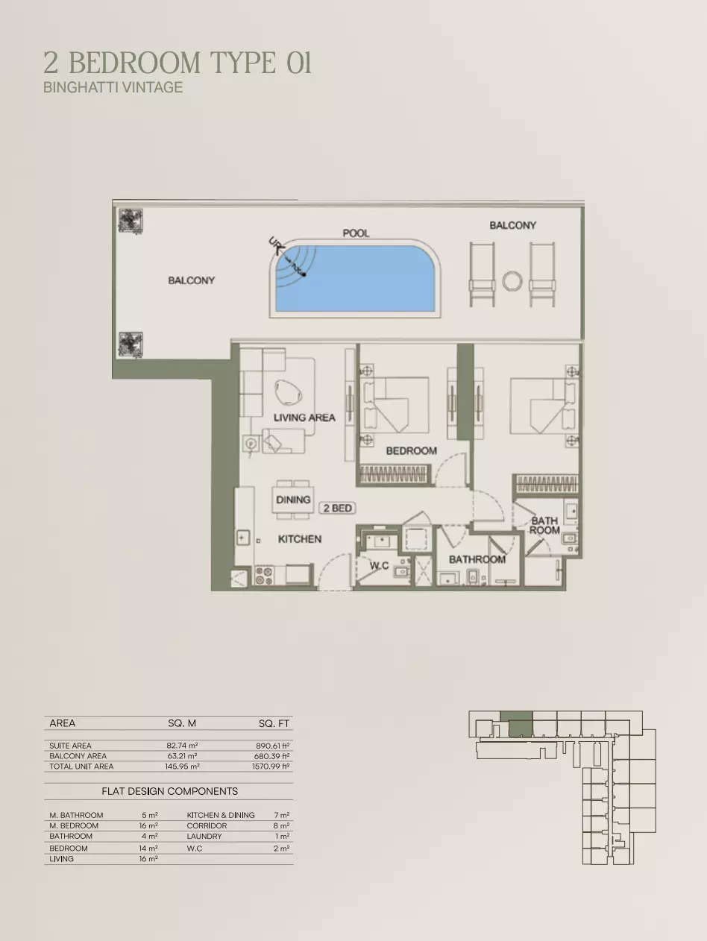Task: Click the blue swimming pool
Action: [x=355, y=279]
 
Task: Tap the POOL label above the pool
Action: [x=356, y=233]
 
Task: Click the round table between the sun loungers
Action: [x=512, y=282]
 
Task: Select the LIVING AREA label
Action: [x=304, y=418]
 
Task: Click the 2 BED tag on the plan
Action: [x=337, y=508]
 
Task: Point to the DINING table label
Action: [x=293, y=500]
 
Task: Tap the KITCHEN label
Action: [x=300, y=539]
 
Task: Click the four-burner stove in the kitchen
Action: [x=264, y=576]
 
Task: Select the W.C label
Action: [x=380, y=566]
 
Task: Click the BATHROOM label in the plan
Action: [x=477, y=559]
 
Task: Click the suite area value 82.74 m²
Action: [x=182, y=746]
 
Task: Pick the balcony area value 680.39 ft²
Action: [x=273, y=756]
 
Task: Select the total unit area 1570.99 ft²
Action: [x=271, y=766]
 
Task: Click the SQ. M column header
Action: [x=182, y=723]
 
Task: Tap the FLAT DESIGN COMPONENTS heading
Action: [x=170, y=791]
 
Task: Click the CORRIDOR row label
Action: [x=207, y=825]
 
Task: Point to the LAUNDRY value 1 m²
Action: [x=282, y=836]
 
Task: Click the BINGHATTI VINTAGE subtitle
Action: [x=113, y=87]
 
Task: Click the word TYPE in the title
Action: [x=244, y=63]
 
